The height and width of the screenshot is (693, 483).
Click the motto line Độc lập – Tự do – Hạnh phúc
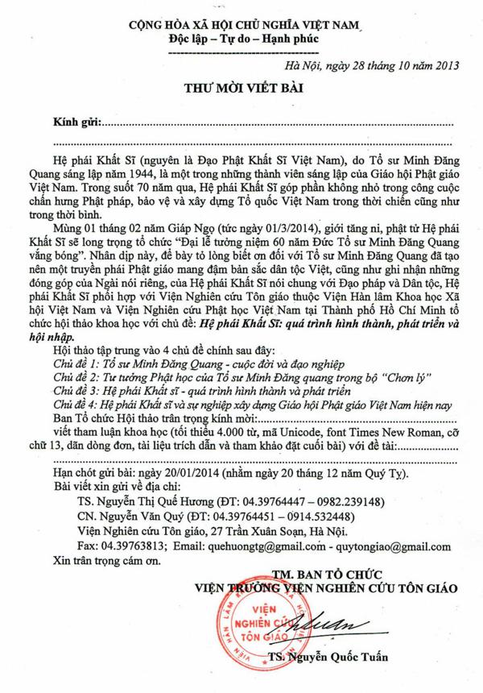coord(242,39)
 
